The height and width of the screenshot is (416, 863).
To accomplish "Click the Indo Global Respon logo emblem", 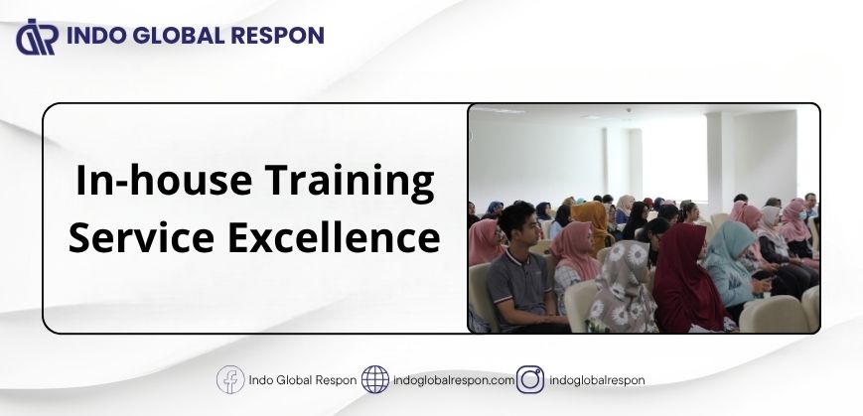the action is pos(37,37).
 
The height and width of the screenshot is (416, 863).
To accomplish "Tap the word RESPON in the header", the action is pos(277,36).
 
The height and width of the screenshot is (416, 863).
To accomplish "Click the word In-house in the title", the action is pos(164,181).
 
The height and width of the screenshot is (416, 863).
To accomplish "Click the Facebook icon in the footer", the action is pos(230,379).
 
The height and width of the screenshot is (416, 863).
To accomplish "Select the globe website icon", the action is pos(375,379).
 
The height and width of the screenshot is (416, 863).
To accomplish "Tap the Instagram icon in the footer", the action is pos(530,379).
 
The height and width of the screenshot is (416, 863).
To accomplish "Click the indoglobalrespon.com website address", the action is pos(454,380).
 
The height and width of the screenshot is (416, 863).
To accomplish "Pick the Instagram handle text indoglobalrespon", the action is pos(597,380).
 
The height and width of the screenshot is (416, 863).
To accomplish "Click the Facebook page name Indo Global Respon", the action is pos(303,380).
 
